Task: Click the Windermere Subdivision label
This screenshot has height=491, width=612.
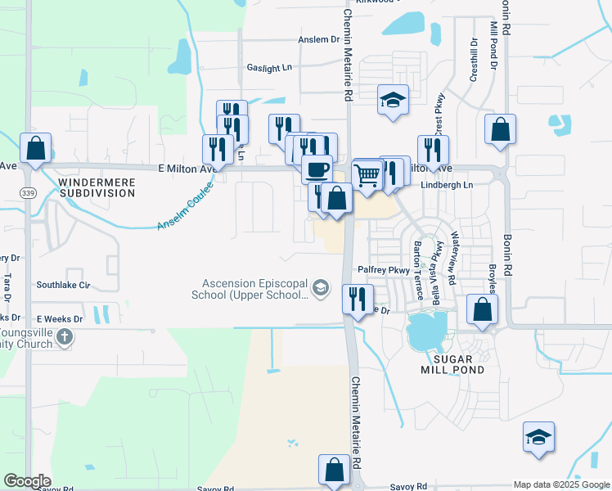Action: click(97, 187)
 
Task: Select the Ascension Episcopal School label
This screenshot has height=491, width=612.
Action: click(250, 289)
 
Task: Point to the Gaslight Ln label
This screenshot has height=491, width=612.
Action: click(269, 69)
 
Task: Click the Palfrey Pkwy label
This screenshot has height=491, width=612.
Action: click(383, 269)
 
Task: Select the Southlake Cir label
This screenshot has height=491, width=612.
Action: click(63, 286)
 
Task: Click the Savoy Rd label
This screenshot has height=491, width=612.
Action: click(409, 486)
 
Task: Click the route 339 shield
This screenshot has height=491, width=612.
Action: click(27, 191)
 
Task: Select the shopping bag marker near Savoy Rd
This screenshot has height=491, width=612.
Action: click(334, 470)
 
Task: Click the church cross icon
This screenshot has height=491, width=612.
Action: click(65, 336)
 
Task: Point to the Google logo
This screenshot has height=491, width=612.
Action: click(27, 481)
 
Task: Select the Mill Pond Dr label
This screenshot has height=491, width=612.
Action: click(493, 45)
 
